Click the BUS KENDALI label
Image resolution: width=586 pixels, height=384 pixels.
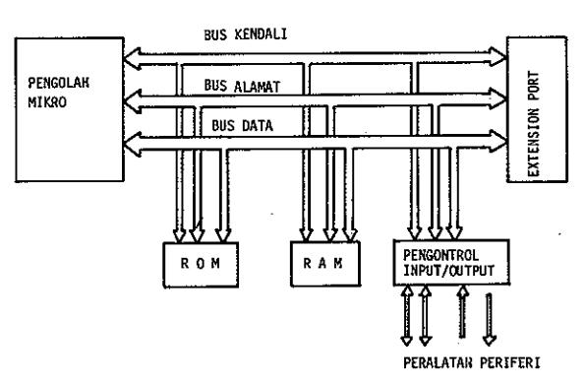point(246,34)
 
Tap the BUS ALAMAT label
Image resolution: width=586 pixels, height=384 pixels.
point(242,86)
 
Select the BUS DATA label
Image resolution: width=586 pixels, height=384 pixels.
point(242,125)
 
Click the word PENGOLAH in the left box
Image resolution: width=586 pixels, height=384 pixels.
point(59,83)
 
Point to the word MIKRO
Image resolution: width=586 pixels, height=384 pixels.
point(47,102)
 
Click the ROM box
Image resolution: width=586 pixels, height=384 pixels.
point(201,265)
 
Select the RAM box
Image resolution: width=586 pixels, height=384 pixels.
point(325,264)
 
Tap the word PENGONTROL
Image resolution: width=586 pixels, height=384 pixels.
point(440,255)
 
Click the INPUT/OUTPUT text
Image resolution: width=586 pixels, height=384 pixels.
point(449,270)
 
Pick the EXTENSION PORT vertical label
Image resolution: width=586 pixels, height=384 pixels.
point(534,124)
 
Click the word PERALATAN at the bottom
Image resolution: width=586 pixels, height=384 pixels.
point(438,362)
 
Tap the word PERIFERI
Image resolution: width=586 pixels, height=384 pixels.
point(510,362)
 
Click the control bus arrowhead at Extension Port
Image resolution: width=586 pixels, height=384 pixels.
point(498,57)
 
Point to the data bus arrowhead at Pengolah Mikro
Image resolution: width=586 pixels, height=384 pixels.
point(132,144)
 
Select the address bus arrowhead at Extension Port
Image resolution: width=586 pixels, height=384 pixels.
point(498,98)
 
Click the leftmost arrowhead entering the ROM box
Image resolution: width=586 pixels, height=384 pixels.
point(179,235)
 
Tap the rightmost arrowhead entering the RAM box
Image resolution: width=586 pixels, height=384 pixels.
point(350,234)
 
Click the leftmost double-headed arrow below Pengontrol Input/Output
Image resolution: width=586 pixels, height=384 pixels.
point(407,315)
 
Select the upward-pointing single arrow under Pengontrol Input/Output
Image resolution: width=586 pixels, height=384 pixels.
point(463,312)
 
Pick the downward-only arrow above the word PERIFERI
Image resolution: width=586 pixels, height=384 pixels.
point(490,319)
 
